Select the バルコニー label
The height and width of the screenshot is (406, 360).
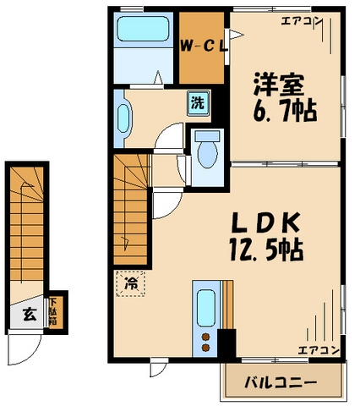[x=281, y=383]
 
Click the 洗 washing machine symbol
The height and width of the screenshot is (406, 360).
[x=195, y=105]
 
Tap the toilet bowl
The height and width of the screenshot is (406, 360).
[x=205, y=152]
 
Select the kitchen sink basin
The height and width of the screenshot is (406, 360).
[x=206, y=304]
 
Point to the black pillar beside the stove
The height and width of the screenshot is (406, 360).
[x=226, y=343]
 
